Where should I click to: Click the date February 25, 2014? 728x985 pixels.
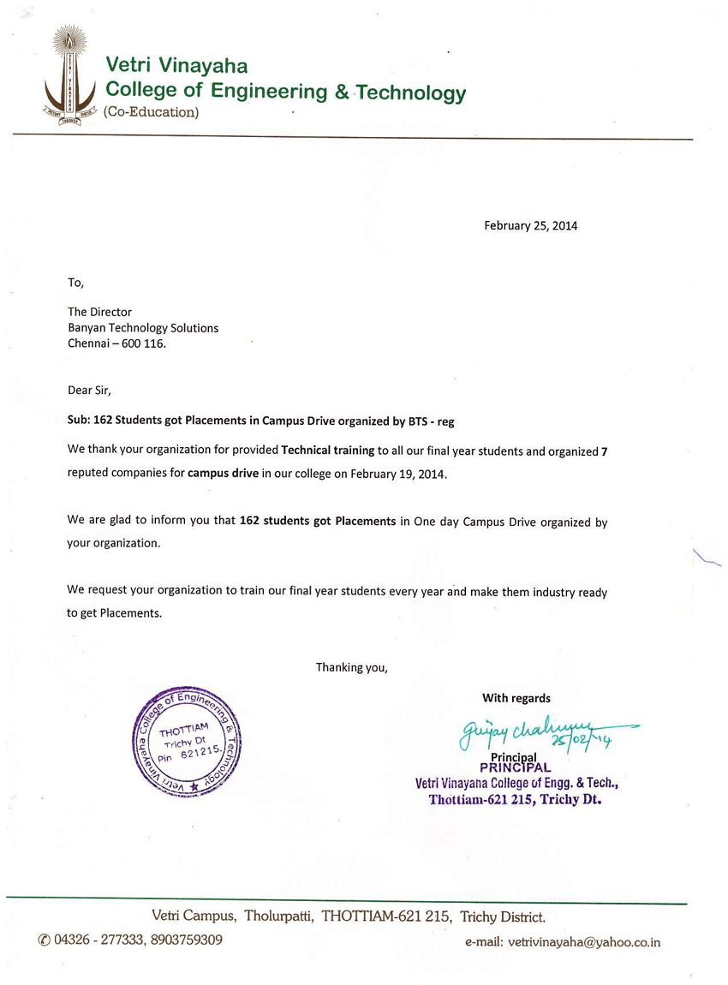(x=530, y=226)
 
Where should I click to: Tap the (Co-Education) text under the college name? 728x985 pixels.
(x=151, y=112)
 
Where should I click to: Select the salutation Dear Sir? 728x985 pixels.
(x=89, y=390)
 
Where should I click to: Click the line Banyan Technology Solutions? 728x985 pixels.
(x=143, y=328)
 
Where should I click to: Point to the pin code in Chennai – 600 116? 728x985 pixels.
(x=143, y=343)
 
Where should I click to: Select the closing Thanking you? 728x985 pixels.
(x=352, y=667)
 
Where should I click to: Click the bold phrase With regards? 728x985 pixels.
(x=516, y=698)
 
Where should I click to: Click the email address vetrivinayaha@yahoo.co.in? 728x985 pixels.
(x=584, y=942)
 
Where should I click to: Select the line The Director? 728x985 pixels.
(x=99, y=312)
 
